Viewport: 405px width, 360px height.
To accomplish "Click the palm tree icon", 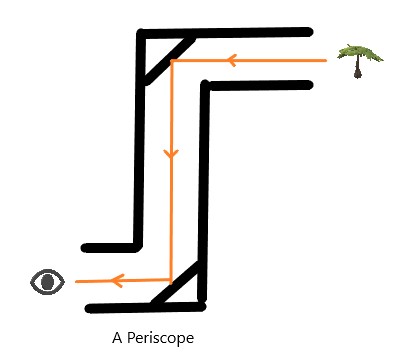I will click(x=359, y=60).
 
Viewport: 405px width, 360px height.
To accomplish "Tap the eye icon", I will click(x=47, y=282).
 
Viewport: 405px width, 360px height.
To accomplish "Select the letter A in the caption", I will click(x=120, y=337).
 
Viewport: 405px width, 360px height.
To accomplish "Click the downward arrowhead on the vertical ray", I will click(x=171, y=154).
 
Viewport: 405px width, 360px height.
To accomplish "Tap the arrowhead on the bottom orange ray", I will click(x=114, y=281).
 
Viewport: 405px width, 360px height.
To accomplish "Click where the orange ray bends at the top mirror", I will click(x=172, y=61).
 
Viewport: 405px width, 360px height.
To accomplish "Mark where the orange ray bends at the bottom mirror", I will click(x=172, y=281).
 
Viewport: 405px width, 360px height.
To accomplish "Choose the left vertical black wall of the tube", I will click(x=139, y=140).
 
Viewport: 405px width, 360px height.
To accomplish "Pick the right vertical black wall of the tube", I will click(x=205, y=190).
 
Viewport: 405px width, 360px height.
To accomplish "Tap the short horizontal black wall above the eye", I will click(x=110, y=246).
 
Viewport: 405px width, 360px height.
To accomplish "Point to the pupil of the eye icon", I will click(x=47, y=282).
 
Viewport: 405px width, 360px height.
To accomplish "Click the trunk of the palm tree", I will click(x=359, y=69).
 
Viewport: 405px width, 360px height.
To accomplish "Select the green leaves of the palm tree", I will click(x=359, y=52).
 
